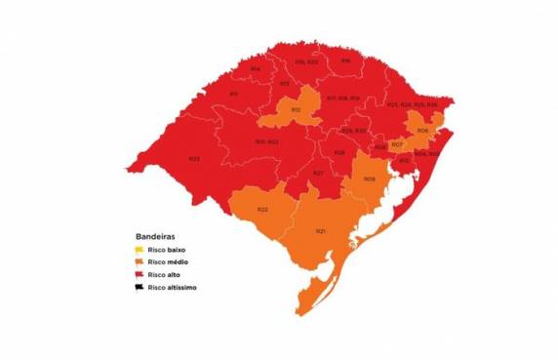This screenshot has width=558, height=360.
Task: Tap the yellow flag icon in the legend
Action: (x=139, y=251)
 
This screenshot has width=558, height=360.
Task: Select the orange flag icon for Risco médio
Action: (x=139, y=262)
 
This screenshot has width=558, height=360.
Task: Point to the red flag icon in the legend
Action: (x=139, y=275)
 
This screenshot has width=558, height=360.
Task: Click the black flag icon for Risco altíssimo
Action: (x=139, y=288)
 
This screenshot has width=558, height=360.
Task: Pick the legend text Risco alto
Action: (x=164, y=275)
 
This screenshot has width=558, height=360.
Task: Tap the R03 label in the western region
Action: (x=194, y=158)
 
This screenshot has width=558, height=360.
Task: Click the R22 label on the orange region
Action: (x=262, y=211)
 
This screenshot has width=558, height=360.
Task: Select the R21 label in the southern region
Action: (x=320, y=230)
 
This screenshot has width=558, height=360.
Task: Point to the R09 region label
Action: (x=370, y=179)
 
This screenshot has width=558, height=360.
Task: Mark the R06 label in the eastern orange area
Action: (x=421, y=131)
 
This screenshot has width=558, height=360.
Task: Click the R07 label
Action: (x=397, y=145)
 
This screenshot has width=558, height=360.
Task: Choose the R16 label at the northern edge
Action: (x=345, y=60)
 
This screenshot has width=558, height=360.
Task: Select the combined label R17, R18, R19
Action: (x=342, y=99)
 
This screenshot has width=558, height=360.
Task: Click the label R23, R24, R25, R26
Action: (x=412, y=104)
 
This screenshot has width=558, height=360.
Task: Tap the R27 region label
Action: (x=318, y=173)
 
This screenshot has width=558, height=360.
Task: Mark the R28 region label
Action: (x=339, y=152)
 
